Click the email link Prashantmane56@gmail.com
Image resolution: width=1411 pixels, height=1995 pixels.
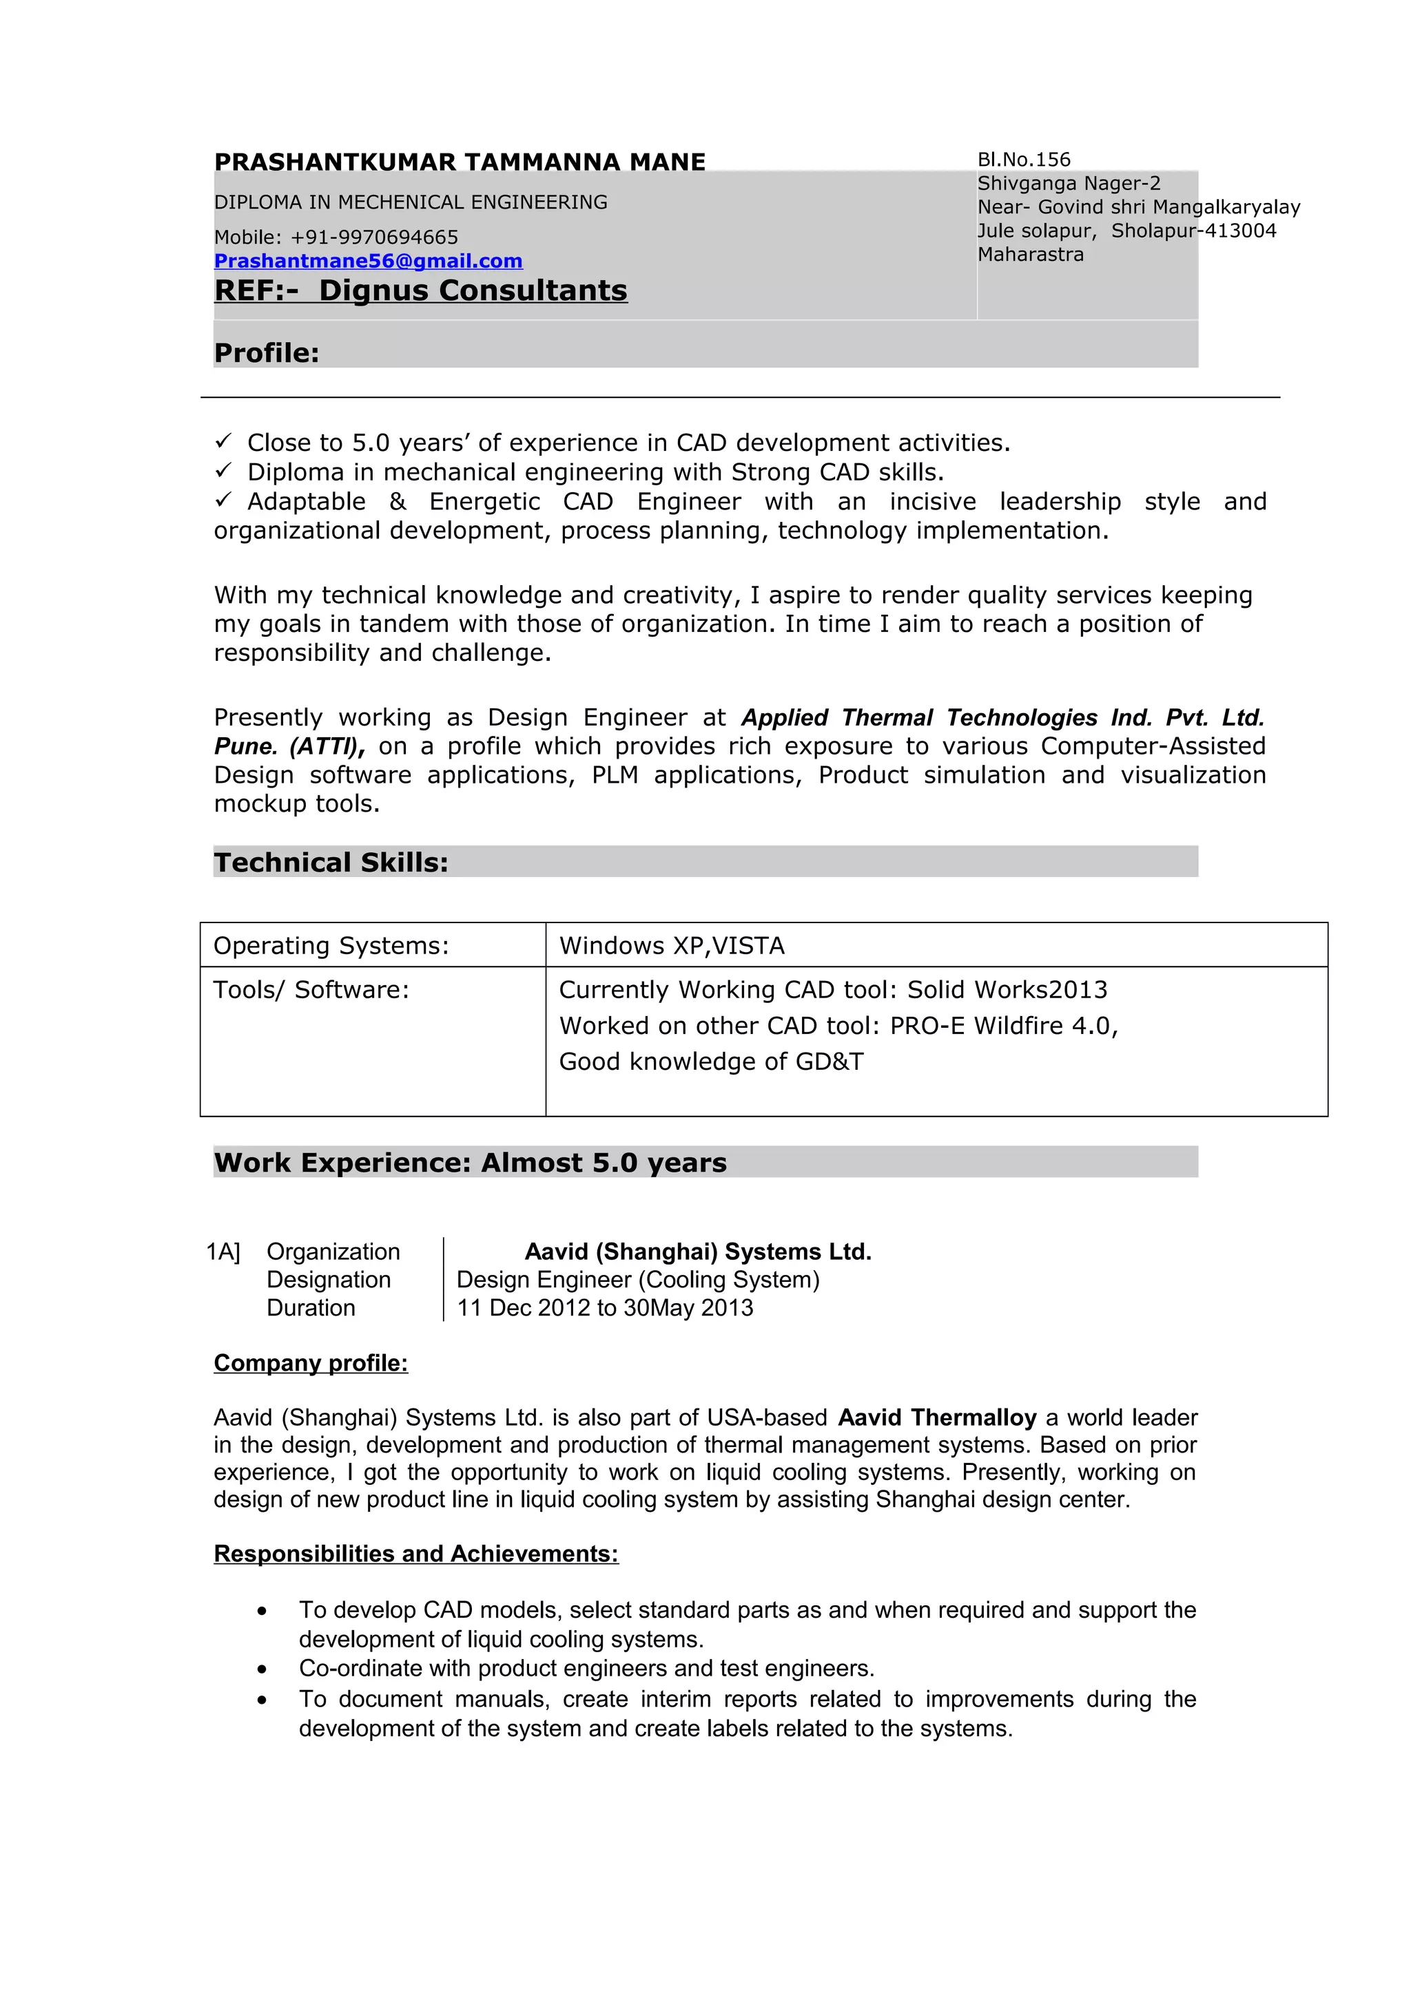coord(368,261)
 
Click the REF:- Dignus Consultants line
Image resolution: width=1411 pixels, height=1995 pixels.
coord(421,291)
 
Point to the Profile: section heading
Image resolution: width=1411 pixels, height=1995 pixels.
coord(266,352)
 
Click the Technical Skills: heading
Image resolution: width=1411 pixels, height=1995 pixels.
coord(331,862)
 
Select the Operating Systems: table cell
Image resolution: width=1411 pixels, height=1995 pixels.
coord(331,945)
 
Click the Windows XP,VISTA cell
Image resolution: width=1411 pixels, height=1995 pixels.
coord(671,945)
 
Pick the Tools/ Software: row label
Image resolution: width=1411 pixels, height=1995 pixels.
coord(310,990)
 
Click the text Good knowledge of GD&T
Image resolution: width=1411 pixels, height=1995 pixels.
coord(710,1061)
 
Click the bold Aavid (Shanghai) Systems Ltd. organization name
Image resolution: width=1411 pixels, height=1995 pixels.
coord(697,1252)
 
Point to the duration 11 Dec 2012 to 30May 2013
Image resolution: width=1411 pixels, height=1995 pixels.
coord(604,1308)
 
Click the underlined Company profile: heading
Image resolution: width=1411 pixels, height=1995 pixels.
coord(310,1362)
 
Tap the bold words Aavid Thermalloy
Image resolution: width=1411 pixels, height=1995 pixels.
coord(936,1417)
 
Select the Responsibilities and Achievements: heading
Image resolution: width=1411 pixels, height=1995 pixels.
coord(415,1554)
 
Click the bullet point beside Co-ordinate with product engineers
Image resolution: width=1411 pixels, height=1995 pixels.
coord(262,1669)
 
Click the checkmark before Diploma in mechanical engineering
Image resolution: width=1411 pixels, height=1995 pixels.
coord(223,471)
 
